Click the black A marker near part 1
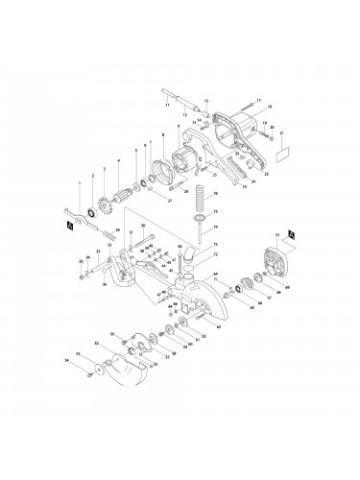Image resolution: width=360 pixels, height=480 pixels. [x=64, y=226]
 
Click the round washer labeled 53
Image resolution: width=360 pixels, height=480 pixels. [x=101, y=369]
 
